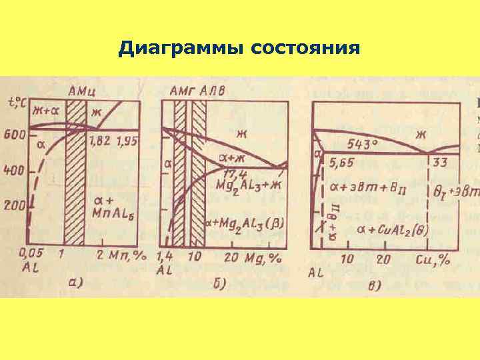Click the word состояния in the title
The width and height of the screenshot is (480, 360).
point(306,49)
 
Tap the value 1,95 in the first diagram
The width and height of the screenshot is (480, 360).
point(127,141)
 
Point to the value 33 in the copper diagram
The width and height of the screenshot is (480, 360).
point(439,162)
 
